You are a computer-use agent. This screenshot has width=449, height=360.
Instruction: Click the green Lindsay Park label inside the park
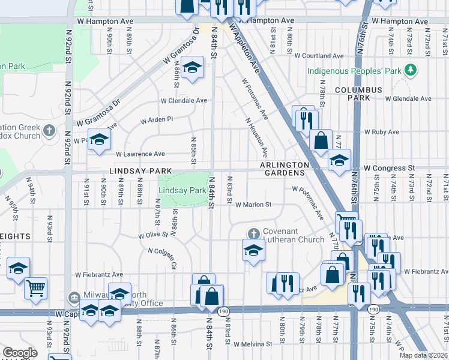coord(182,190)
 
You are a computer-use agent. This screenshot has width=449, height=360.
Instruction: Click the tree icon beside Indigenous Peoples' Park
coord(411,71)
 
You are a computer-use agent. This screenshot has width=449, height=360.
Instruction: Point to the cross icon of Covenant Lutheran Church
coord(253,233)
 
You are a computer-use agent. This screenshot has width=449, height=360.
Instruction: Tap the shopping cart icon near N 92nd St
coord(36,289)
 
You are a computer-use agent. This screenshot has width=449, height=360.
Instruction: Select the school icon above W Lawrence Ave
coord(100,140)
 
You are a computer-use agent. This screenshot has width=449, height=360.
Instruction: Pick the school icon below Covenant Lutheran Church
coord(253,250)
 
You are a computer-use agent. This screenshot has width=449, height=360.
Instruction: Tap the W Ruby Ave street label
coord(381,132)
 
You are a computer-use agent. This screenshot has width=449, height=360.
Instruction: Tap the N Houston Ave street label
coord(256,137)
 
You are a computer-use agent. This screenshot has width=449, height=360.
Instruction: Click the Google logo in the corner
coord(20,352)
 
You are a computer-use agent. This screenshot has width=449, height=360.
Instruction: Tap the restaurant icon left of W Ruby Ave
coord(304,118)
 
